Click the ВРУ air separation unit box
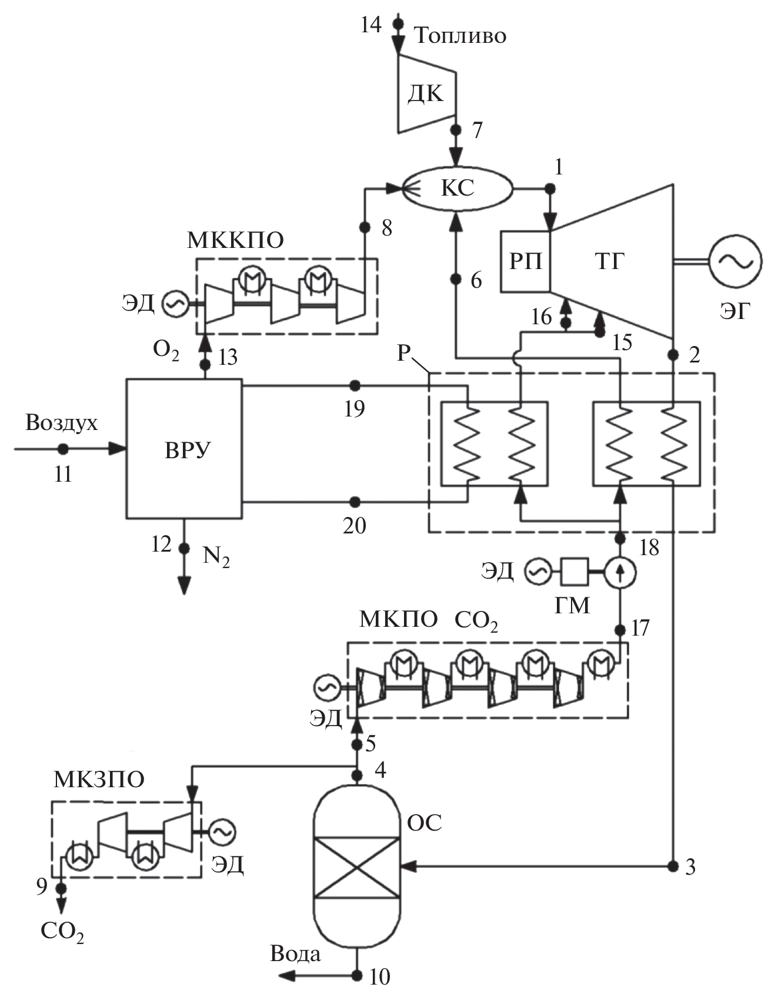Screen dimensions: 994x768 click(184, 449)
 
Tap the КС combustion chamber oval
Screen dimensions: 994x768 click(457, 188)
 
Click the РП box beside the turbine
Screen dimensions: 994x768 click(525, 261)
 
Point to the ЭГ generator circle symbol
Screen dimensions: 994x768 click(735, 261)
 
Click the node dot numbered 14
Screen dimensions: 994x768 click(399, 23)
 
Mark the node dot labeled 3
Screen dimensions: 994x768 click(672, 865)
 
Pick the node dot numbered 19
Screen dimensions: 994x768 click(355, 385)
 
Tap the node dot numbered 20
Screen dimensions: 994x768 click(355, 502)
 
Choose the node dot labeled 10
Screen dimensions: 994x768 click(357, 976)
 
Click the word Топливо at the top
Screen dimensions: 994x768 click(460, 36)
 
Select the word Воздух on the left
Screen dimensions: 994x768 click(62, 423)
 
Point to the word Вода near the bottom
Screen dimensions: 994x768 click(295, 954)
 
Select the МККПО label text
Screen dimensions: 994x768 click(235, 240)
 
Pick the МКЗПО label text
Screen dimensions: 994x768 click(99, 780)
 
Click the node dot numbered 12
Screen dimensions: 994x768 click(184, 548)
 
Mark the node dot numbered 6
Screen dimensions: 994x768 click(456, 280)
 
